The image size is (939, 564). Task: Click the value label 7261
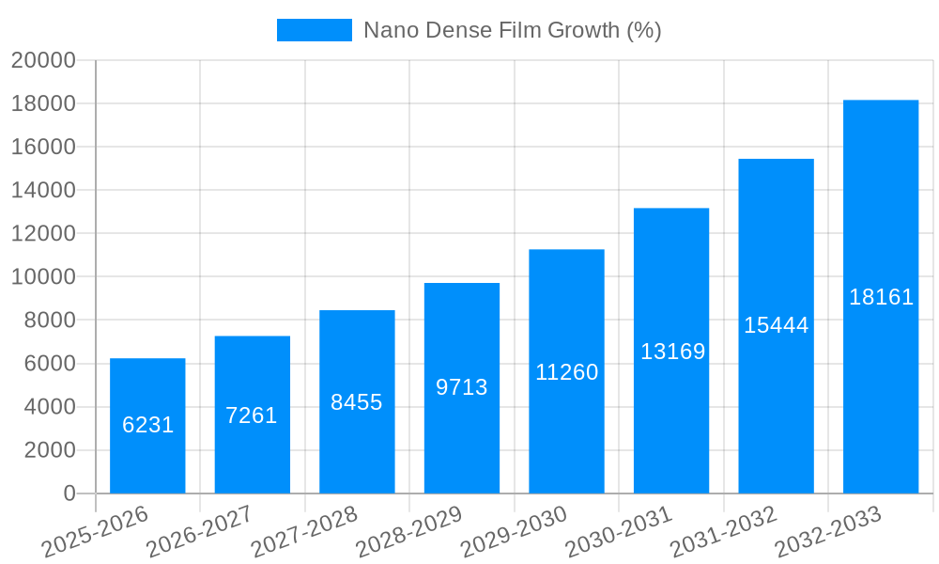pos(252,415)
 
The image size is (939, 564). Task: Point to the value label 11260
pos(567,372)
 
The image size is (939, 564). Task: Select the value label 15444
pos(777,325)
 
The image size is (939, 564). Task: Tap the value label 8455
pos(357,402)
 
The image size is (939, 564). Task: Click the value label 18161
pos(882,297)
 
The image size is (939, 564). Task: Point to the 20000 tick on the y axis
pos(43,60)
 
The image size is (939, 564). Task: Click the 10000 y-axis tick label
pos(43,277)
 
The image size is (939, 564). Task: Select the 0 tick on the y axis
pos(69,493)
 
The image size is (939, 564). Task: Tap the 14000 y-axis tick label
pos(43,190)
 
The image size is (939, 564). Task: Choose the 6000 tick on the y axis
pos(49,364)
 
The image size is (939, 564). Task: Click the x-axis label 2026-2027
pos(199,531)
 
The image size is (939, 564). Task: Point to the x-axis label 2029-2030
pos(515,531)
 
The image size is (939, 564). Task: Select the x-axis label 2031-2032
pos(724,531)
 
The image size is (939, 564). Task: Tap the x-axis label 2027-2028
pos(304,531)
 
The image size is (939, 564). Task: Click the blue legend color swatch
pos(315,30)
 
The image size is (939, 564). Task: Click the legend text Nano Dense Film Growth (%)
pos(513,30)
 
